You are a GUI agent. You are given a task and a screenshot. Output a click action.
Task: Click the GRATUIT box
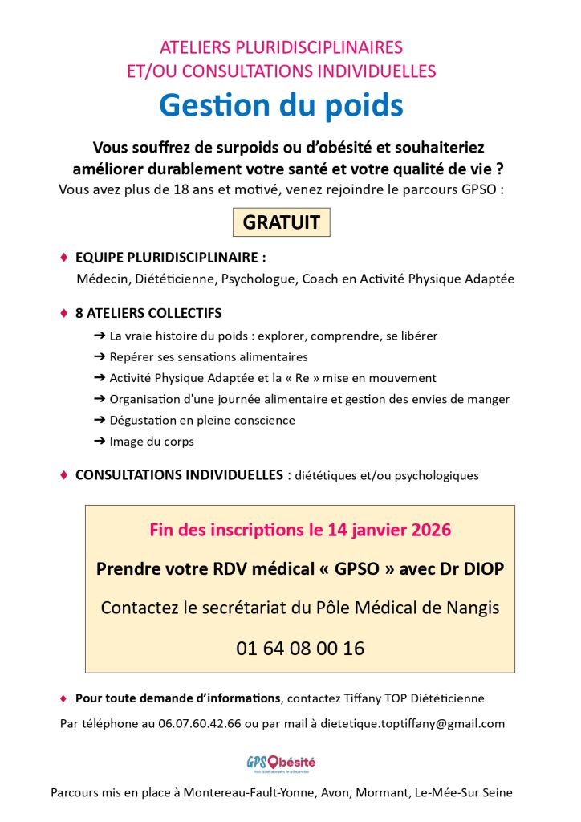click(281, 222)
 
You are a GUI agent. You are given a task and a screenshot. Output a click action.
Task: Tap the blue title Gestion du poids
click(281, 105)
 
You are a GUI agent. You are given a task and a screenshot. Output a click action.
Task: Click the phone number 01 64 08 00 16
click(300, 648)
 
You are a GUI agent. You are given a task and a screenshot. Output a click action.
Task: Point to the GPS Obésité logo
click(281, 763)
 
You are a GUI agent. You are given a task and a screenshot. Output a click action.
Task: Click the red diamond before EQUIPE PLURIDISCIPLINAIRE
click(64, 258)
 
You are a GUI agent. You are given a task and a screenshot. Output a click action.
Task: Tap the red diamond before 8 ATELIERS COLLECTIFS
click(64, 312)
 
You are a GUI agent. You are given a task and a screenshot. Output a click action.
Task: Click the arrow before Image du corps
click(100, 442)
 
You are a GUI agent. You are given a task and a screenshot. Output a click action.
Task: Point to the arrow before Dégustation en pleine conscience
click(100, 421)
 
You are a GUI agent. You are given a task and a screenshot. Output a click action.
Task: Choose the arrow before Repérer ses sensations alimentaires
click(100, 357)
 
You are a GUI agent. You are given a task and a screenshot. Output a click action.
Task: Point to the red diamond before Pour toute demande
click(64, 698)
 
